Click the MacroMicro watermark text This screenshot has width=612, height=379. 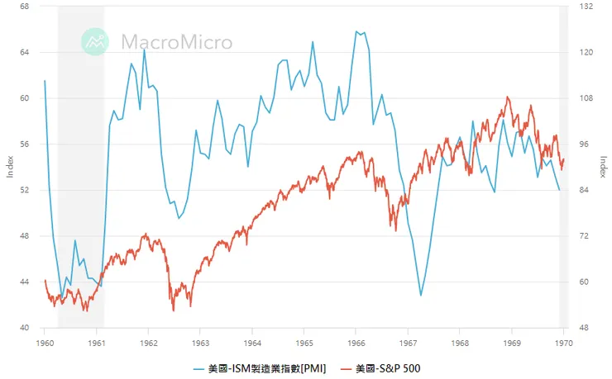coord(176,42)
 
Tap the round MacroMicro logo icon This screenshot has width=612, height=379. coord(95,42)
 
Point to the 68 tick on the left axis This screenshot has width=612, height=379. coord(24,7)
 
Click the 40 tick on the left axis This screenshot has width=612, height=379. coord(24,328)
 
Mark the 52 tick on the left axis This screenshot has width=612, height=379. coord(24,190)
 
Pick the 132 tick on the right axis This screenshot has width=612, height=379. coord(587,7)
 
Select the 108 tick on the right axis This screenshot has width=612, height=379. coord(587,98)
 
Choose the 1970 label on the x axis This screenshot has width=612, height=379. coord(563,341)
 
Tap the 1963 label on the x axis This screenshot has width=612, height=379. coord(200,341)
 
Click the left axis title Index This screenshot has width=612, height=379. coord(10,167)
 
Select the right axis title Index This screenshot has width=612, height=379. coord(603,167)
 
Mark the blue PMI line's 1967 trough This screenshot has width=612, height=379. coord(421,295)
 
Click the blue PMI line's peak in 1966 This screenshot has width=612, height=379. coord(356,31)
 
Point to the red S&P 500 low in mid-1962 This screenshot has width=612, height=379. coord(174,310)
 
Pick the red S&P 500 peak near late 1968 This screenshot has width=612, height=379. coord(508,97)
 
